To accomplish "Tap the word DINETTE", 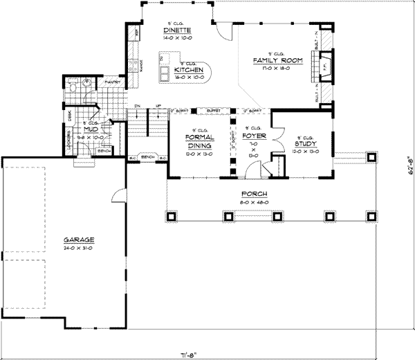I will (x=177, y=30).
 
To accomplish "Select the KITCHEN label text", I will (x=189, y=71).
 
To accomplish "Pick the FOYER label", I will (x=253, y=135).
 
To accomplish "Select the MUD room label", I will (x=90, y=129).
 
